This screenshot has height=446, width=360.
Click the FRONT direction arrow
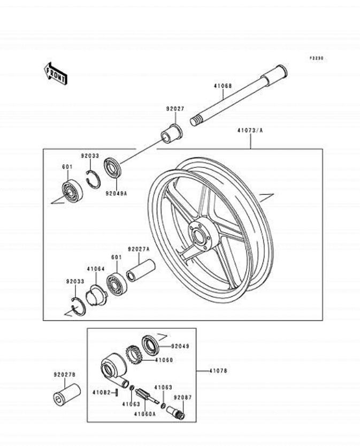[x=56, y=73]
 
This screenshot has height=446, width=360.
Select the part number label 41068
[x=223, y=86]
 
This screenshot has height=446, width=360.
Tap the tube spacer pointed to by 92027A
[x=140, y=270]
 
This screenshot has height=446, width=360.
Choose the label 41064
[x=96, y=270]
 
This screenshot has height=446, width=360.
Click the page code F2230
[x=316, y=58]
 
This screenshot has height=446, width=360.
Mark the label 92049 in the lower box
[x=181, y=346]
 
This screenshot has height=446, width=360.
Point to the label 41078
[x=217, y=370]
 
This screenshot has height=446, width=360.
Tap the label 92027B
[x=64, y=375]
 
